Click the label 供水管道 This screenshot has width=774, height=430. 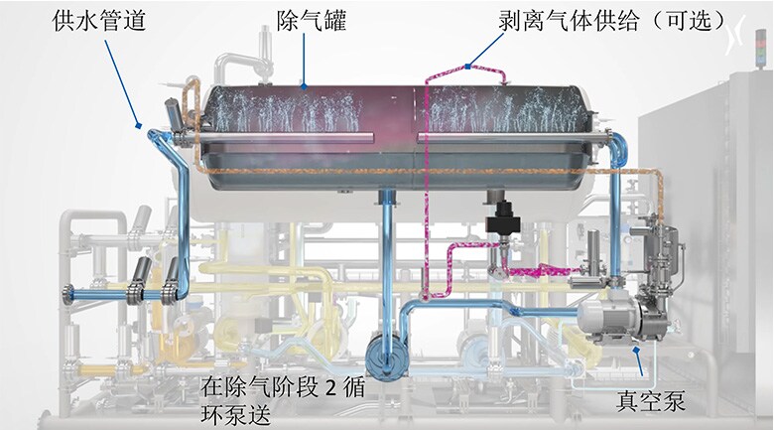click(x=99, y=21)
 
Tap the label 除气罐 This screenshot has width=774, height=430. click(x=311, y=21)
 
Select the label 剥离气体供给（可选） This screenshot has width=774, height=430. click(x=612, y=21)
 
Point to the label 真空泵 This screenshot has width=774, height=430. click(x=651, y=401)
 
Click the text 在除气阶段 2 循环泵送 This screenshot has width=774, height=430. click(x=283, y=401)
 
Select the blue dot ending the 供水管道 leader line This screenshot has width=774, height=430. click(x=139, y=125)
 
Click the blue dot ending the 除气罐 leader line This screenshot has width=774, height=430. click(x=304, y=87)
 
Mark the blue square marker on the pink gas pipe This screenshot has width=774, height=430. click(x=467, y=66)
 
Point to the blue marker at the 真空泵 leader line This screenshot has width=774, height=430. click(x=637, y=350)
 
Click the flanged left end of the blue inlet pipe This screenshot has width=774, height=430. click(x=67, y=295)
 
